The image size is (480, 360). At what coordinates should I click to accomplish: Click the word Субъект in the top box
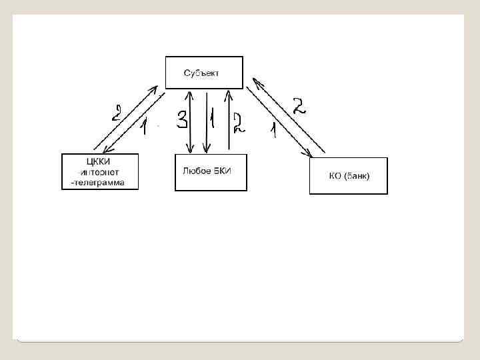201,72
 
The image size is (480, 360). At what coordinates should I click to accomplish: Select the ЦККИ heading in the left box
99,161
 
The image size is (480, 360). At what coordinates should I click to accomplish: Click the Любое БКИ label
207,171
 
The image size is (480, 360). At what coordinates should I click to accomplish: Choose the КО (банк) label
349,176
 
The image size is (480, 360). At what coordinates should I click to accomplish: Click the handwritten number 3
182,120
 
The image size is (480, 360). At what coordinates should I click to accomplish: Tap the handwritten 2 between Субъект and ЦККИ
116,112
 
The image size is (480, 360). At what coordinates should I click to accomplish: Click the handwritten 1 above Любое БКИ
212,120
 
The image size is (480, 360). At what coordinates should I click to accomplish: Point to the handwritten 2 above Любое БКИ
238,121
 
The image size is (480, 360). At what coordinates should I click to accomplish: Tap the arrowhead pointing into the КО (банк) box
309,155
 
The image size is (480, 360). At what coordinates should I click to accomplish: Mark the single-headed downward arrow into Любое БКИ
207,127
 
